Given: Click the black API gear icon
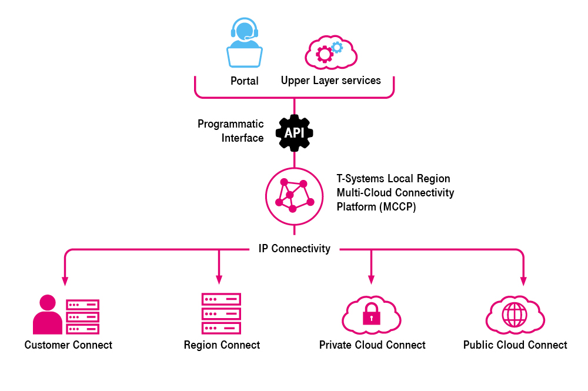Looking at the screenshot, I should pyautogui.click(x=294, y=133).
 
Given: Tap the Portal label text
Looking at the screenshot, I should pyautogui.click(x=245, y=81).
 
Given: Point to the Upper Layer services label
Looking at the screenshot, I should pyautogui.click(x=330, y=81).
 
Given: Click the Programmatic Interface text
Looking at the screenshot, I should pyautogui.click(x=230, y=131).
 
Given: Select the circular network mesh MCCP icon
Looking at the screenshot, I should pyautogui.click(x=294, y=196).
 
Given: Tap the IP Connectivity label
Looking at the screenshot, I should pyautogui.click(x=294, y=249).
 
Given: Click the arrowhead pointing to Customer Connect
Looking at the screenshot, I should pyautogui.click(x=64, y=280).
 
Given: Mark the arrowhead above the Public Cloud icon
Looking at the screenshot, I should pyautogui.click(x=523, y=280).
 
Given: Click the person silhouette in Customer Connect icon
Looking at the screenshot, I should pyautogui.click(x=47, y=316).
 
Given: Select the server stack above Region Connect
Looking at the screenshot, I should pyautogui.click(x=221, y=313).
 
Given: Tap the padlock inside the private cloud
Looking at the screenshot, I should pyautogui.click(x=371, y=316).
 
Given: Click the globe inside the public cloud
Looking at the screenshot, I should pyautogui.click(x=514, y=315).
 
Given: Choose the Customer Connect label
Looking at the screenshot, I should pyautogui.click(x=68, y=345).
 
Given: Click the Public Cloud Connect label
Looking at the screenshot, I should pyautogui.click(x=515, y=345).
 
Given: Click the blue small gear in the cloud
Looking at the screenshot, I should pyautogui.click(x=337, y=47).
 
